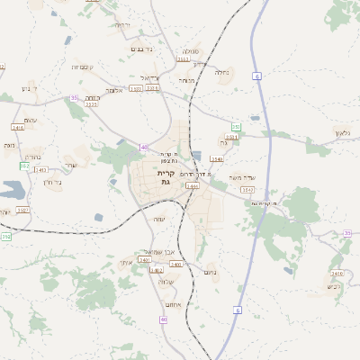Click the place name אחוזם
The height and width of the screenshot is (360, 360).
(174, 304)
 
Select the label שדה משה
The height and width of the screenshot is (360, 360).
(243, 176)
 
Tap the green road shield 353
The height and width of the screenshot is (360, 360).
(235, 127)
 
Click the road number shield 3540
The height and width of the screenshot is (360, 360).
(216, 158)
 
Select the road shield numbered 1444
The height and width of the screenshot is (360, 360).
(192, 185)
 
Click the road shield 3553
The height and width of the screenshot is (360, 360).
(183, 59)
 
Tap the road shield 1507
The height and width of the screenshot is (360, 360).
(22, 210)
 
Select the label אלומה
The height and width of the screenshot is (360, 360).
(113, 90)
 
